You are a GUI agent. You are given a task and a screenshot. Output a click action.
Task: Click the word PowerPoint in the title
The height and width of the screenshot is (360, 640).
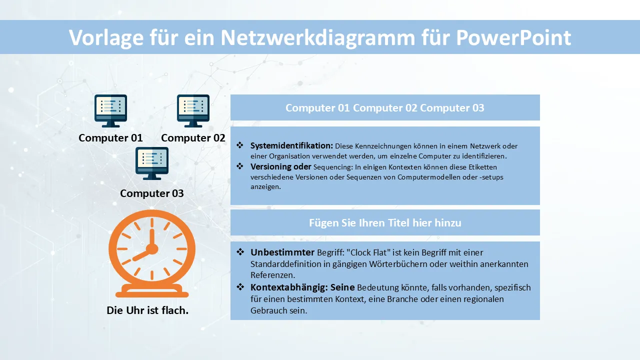coord(513,37)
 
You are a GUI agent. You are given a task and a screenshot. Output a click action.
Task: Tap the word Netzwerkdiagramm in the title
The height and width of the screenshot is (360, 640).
coord(318,37)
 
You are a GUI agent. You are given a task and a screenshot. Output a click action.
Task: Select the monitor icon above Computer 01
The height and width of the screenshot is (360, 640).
coord(110,111)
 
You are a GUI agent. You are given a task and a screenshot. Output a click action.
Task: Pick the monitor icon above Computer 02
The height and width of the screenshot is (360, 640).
coord(193,111)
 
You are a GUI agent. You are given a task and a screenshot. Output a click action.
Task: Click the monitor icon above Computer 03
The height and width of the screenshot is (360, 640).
coord(152,163)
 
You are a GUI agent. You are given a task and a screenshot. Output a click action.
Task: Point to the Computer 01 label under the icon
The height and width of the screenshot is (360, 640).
coord(110,137)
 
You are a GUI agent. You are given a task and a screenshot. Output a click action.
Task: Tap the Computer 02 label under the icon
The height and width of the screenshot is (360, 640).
coord(193,137)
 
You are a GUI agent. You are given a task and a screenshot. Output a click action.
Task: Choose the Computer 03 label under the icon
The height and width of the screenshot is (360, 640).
coord(152,193)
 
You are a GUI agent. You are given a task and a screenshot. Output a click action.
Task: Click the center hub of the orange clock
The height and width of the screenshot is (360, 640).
coord(152,249)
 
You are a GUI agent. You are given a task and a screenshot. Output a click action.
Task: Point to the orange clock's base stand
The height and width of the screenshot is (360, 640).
coord(152,291)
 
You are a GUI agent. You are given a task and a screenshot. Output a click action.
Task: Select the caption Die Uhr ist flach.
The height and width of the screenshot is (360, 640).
coord(147,310)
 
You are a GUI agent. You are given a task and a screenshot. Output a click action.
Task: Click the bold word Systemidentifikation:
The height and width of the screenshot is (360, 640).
coord(291,145)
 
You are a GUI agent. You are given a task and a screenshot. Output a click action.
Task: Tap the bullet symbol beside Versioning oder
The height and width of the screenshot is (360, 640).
coord(240,166)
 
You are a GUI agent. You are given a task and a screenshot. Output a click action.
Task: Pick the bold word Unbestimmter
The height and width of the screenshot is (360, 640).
coord(282,252)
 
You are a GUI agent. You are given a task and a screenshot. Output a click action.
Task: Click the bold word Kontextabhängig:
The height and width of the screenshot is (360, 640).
coord(289,287)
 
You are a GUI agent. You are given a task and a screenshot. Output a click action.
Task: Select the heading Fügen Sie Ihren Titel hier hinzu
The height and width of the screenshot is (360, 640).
coord(385,222)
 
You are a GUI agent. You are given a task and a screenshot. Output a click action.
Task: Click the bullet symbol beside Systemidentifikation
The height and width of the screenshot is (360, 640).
coord(240,145)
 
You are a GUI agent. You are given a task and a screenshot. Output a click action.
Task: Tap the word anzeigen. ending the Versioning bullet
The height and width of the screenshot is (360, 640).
coord(265,187)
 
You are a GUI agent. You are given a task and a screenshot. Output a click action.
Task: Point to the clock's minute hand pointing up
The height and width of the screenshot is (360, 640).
coord(152,237)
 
